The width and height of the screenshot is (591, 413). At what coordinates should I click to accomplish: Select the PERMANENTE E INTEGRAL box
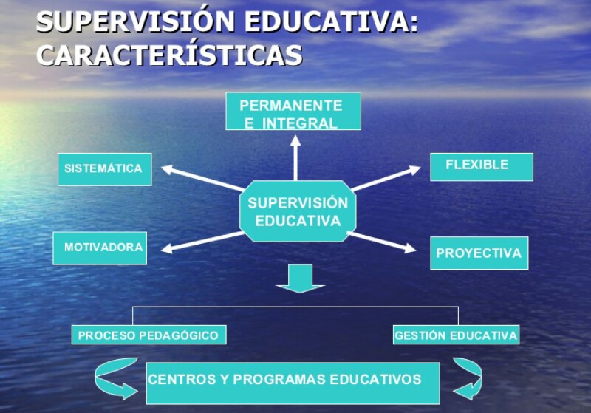point(293,112)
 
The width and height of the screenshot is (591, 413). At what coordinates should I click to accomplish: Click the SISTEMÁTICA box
point(104,168)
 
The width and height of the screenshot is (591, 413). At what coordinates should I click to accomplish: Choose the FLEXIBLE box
point(481,166)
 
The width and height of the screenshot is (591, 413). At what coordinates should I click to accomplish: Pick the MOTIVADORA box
point(100,248)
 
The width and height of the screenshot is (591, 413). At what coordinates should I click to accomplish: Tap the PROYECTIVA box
point(479,253)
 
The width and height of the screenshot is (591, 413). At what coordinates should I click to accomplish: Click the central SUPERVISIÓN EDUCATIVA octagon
point(298,211)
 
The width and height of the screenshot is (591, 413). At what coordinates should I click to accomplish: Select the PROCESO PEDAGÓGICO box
point(148,335)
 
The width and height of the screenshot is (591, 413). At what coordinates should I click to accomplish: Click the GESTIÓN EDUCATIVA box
point(456,335)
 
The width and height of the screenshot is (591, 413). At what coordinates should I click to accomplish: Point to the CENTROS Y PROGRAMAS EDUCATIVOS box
point(293,382)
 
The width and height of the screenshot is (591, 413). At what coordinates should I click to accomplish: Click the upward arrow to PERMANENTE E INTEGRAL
point(295,156)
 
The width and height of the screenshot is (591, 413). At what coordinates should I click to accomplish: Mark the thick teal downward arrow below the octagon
point(300,279)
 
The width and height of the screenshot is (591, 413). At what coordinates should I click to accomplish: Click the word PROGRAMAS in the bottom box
point(284,380)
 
